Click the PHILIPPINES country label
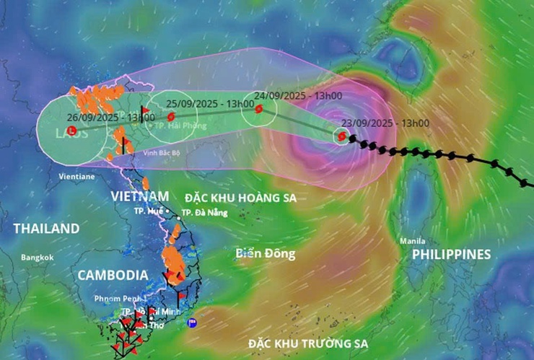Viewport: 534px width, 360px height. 451,254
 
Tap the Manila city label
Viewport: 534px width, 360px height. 413,241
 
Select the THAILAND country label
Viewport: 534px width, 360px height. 46,229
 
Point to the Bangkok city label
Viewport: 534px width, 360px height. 38,258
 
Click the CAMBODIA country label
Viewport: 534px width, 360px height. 113,275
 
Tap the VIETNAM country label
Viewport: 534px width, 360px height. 140,196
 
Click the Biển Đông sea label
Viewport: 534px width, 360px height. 266,254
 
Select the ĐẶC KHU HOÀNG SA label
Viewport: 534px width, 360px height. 240,198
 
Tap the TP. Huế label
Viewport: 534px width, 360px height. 148,211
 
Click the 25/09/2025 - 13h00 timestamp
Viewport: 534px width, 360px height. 204,103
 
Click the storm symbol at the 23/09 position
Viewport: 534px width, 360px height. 341,136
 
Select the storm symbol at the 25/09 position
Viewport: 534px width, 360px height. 170,116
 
